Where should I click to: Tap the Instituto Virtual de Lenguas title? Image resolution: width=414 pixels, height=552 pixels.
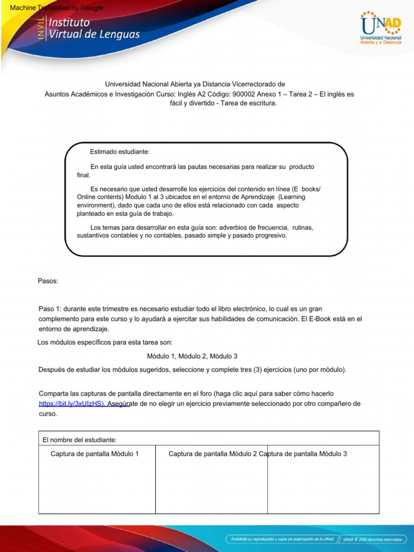click(x=94, y=29)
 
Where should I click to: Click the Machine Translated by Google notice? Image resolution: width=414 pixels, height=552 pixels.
click(x=53, y=8)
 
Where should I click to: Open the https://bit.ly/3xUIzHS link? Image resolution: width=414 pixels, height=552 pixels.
click(x=72, y=404)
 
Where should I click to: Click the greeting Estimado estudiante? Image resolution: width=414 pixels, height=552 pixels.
click(x=120, y=152)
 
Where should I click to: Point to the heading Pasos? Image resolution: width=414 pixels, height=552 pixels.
click(x=48, y=281)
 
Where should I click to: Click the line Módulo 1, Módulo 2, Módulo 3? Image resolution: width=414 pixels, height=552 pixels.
click(x=192, y=356)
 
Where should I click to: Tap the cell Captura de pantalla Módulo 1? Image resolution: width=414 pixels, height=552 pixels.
click(x=94, y=454)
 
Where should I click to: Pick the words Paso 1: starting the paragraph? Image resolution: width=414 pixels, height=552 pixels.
click(x=51, y=309)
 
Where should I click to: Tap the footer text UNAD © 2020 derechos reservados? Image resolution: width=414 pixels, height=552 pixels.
click(x=373, y=539)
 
